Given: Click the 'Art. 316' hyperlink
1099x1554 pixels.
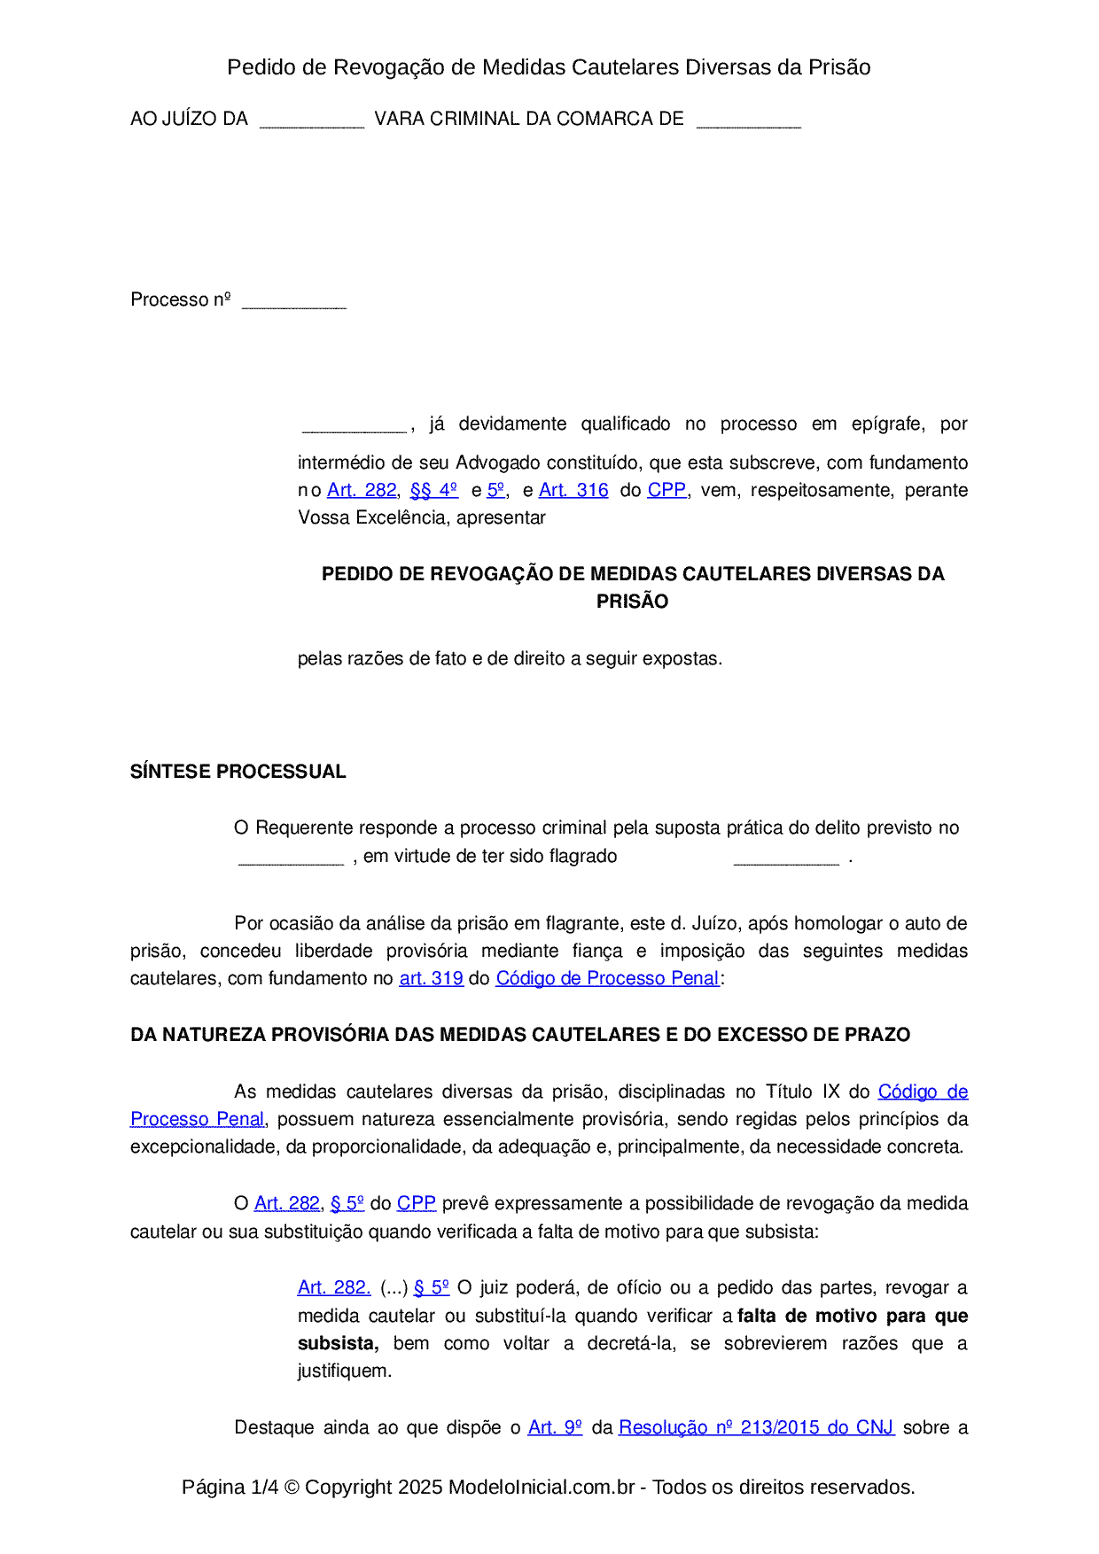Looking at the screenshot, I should coord(573,490).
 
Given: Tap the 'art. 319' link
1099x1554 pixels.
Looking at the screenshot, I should coord(431,978).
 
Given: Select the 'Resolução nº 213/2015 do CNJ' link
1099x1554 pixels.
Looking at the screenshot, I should coord(756,1427).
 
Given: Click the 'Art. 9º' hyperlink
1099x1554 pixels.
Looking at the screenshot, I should coord(555,1427).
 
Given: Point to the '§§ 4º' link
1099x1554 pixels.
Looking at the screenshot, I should coord(433,490).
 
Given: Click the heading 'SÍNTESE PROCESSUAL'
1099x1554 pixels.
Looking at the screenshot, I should coord(238,772).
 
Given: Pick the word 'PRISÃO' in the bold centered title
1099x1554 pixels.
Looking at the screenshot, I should coord(632,602).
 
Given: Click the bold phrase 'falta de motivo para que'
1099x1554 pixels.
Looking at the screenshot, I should coord(853,1316).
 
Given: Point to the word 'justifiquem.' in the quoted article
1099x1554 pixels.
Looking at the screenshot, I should coord(345,1371).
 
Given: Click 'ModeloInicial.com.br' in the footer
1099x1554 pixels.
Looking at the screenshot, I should coord(542,1487).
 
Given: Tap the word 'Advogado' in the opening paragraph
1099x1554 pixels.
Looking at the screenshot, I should coord(497,462).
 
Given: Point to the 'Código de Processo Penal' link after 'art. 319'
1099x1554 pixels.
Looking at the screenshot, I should coord(607,978).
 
